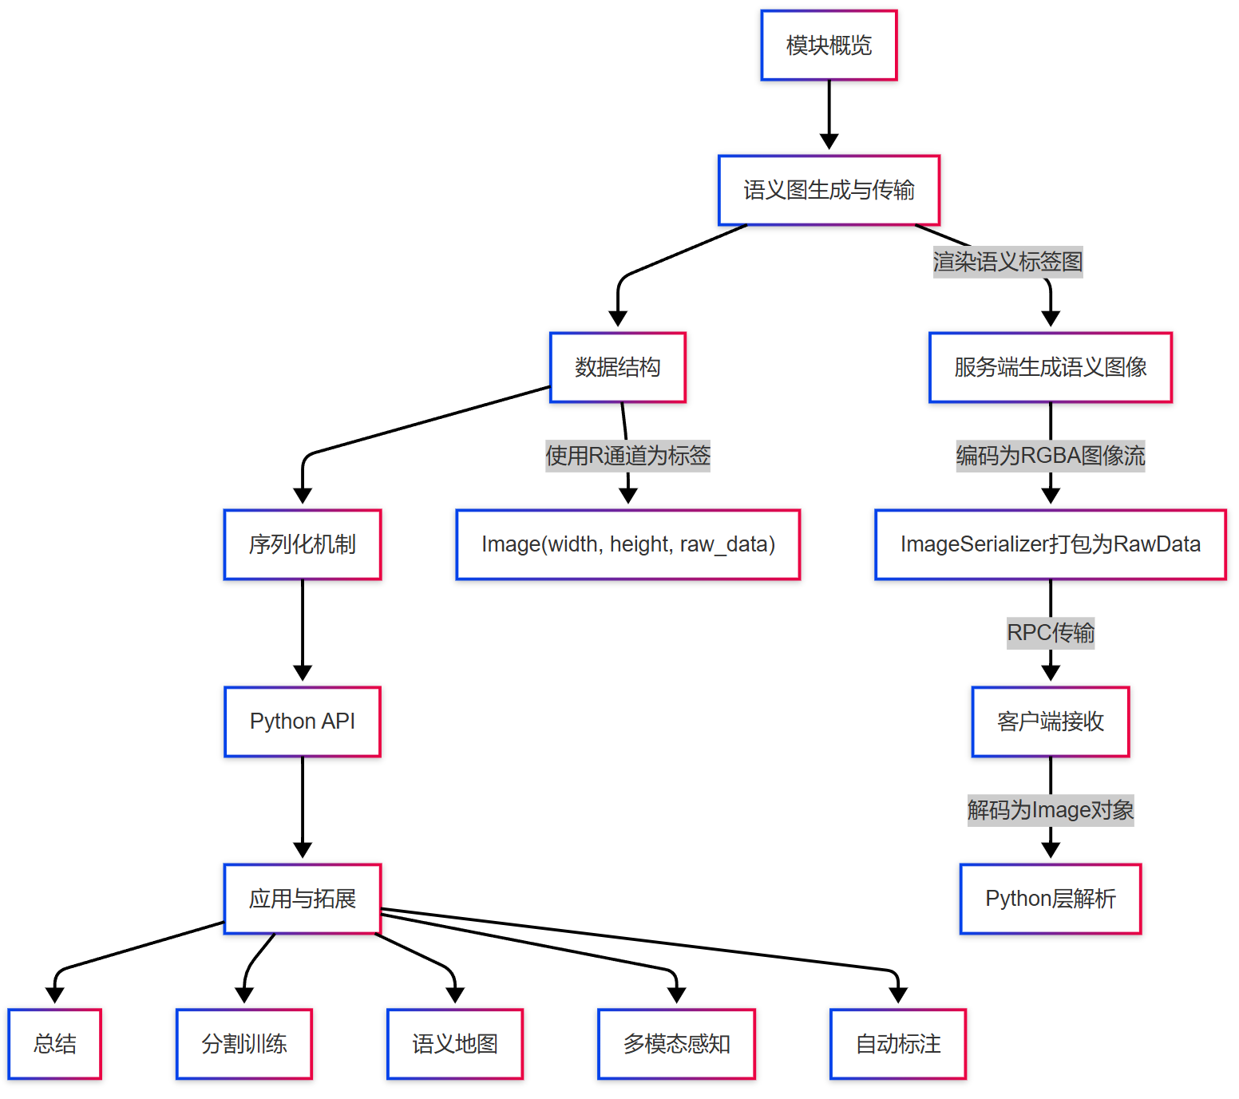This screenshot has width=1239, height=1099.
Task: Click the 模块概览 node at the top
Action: point(829,45)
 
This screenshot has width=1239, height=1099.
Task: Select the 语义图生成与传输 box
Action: point(829,190)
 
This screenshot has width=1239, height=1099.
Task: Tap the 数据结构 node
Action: point(617,367)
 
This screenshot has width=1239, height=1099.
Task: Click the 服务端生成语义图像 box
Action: point(1050,367)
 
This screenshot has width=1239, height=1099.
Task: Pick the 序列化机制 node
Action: point(302,544)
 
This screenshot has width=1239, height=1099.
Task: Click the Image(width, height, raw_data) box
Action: point(627,544)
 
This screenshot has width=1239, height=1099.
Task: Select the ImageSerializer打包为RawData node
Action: point(1050,544)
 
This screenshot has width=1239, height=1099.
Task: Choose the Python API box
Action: point(302,721)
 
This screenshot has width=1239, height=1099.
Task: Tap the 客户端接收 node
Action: point(1050,721)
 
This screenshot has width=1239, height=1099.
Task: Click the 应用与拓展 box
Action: point(302,899)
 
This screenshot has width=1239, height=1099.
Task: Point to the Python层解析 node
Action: point(1050,899)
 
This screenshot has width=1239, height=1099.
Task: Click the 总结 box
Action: point(54,1044)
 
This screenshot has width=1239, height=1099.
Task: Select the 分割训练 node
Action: point(243,1044)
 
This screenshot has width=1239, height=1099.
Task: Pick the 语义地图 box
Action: point(454,1044)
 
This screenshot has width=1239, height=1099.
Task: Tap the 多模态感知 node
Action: point(676,1044)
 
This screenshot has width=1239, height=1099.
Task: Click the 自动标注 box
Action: point(897,1044)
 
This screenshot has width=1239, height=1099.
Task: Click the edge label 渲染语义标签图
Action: point(1007,262)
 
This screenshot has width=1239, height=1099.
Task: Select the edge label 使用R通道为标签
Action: point(627,456)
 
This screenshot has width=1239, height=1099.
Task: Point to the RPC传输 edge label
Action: point(1050,633)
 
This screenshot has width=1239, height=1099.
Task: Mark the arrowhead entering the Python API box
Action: point(302,674)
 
